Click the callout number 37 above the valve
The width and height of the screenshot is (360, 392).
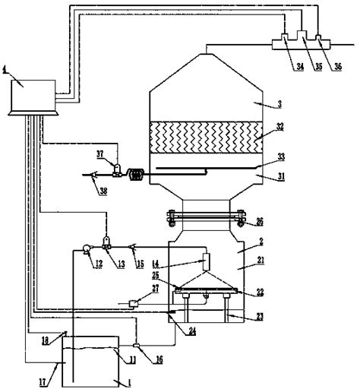[101, 153]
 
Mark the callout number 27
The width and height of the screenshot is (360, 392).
[176, 289]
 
